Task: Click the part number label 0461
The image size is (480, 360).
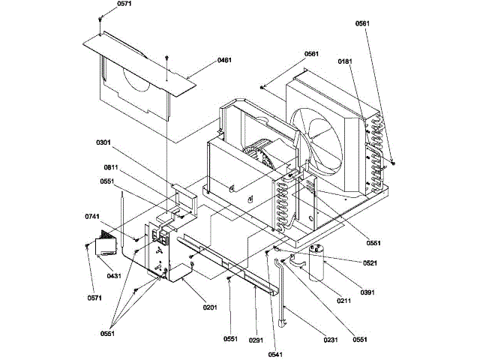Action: [x=224, y=60]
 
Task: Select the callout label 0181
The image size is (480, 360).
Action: [x=345, y=61]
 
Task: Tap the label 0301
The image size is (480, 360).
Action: [x=103, y=142]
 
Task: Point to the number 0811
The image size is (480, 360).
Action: [x=111, y=168]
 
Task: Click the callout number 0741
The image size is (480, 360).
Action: [x=92, y=217]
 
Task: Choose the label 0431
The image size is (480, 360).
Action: [x=114, y=276]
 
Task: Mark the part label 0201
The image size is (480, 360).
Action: [x=210, y=307]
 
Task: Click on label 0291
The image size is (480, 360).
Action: [x=256, y=340]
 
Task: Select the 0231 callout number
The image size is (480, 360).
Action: [x=331, y=340]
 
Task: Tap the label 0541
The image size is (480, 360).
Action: [x=275, y=355]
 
